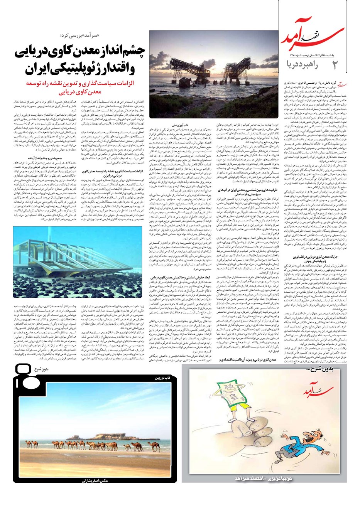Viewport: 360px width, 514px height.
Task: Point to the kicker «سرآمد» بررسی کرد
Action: click(x=81, y=36)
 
